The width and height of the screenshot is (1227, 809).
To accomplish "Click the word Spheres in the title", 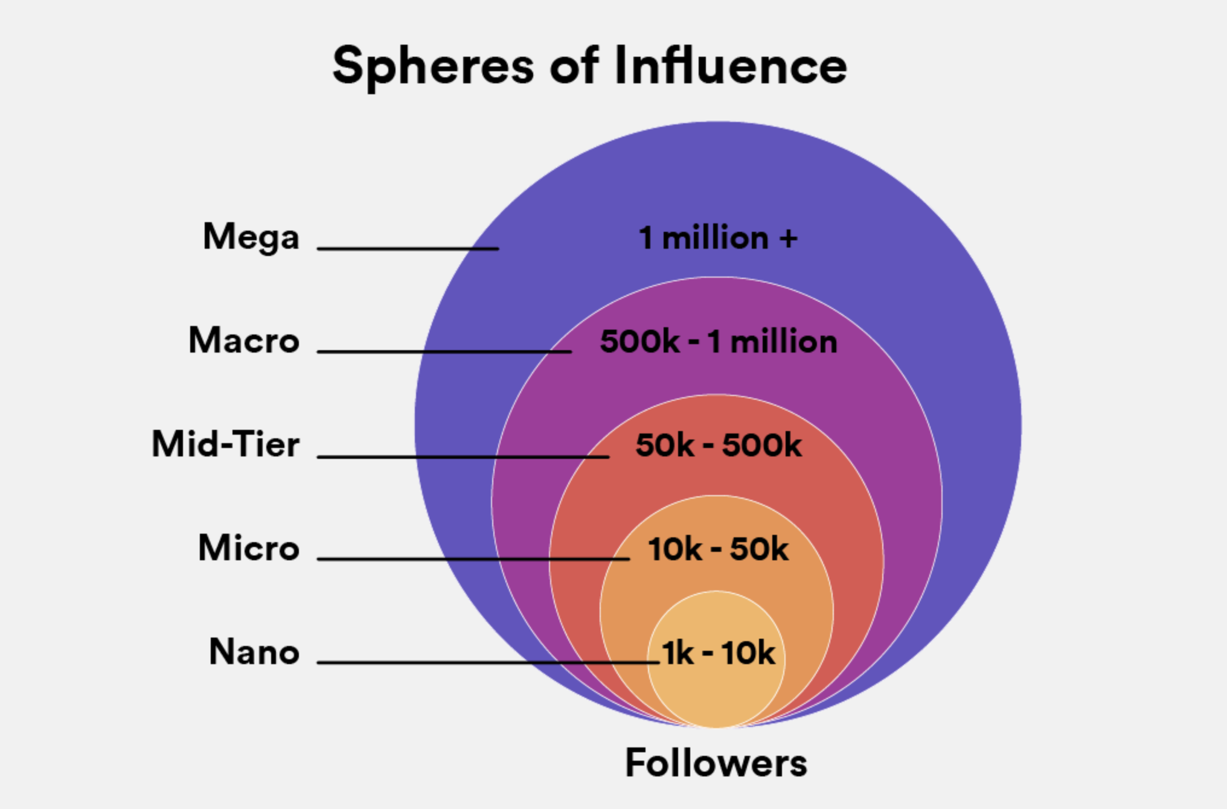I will [432, 66].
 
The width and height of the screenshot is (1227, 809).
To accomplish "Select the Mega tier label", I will [251, 237].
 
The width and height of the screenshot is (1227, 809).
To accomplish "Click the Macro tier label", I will [244, 341].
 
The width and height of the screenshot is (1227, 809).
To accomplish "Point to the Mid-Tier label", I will [225, 445].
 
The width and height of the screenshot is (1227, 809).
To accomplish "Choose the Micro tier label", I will [249, 548].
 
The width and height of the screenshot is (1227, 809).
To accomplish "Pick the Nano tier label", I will [254, 652].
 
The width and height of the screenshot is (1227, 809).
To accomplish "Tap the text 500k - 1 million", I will [718, 342].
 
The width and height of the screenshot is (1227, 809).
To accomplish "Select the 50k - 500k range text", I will [718, 446].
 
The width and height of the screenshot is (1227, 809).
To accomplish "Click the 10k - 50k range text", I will [717, 549].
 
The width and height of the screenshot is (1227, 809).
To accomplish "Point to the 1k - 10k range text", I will [718, 653].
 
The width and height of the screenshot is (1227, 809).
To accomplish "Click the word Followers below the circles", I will [716, 763].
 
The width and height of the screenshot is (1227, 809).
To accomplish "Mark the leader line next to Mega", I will [408, 248].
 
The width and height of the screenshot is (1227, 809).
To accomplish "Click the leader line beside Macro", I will [444, 351].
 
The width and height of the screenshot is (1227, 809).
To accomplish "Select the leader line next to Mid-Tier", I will [463, 456].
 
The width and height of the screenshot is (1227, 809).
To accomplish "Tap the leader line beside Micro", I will [473, 559].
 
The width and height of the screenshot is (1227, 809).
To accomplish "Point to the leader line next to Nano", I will [488, 662].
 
